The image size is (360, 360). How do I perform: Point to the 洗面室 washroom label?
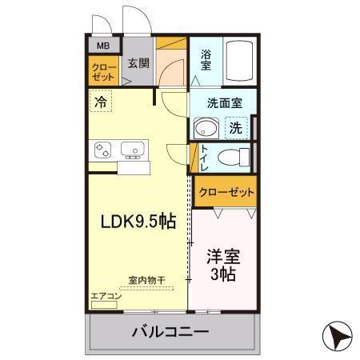221,103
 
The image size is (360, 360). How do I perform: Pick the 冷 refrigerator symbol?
100,102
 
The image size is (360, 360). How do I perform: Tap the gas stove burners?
103,149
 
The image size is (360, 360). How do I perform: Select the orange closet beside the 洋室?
225,192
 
